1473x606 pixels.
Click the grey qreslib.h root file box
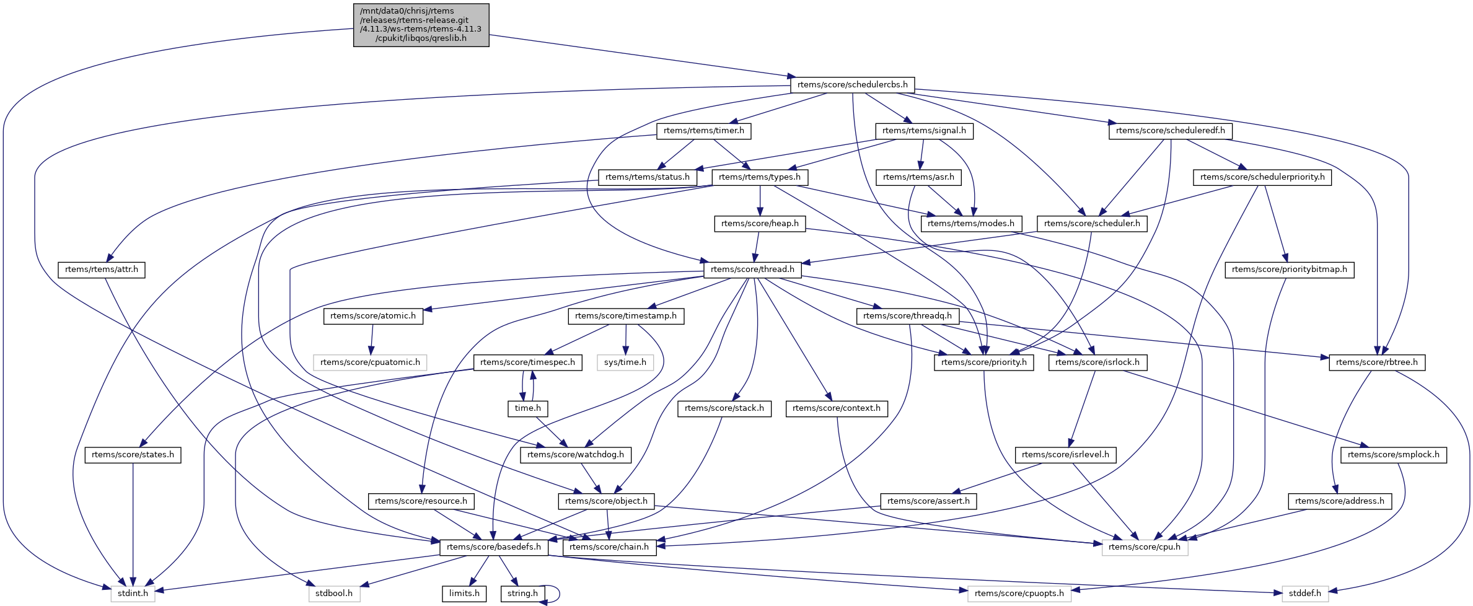coord(421,25)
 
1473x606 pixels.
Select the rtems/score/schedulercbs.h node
coord(852,84)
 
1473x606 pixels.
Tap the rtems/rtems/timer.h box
coord(703,131)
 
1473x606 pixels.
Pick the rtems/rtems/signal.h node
coord(924,131)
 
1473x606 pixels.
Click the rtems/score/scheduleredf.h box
coord(1170,131)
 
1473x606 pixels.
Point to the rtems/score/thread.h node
coord(752,270)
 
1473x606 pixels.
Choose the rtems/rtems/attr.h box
coord(102,270)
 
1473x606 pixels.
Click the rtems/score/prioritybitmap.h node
coord(1289,270)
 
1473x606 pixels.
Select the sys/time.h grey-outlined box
coord(625,362)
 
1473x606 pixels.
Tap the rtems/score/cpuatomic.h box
coord(370,362)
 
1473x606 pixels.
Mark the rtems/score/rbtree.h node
coord(1376,362)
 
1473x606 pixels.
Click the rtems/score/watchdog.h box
coord(576,455)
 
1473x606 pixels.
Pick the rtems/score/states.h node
coord(133,455)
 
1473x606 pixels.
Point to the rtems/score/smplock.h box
coord(1393,455)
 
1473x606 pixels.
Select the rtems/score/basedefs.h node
coord(493,547)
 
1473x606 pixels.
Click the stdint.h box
coord(133,594)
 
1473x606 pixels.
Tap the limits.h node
coord(464,594)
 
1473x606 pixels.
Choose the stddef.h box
coord(1304,594)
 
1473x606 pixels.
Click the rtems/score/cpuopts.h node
coord(1019,594)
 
